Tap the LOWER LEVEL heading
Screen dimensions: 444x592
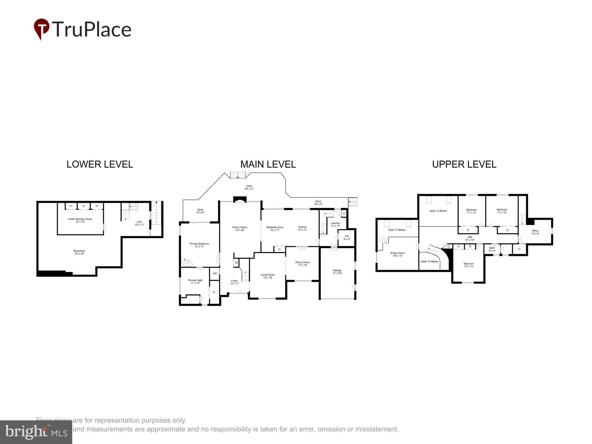point(100,164)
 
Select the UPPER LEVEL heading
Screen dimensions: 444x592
point(464,164)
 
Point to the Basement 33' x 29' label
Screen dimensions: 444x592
point(79,252)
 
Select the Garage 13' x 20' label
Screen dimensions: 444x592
point(337,271)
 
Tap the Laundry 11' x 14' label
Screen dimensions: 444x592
point(335,224)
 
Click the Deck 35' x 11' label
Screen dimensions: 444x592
point(249,187)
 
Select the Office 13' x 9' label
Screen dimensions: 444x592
point(535,232)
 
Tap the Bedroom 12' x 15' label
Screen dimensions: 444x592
point(469,265)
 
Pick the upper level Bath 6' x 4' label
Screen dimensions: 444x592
point(492,249)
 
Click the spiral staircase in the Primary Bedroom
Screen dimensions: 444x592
point(187,262)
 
